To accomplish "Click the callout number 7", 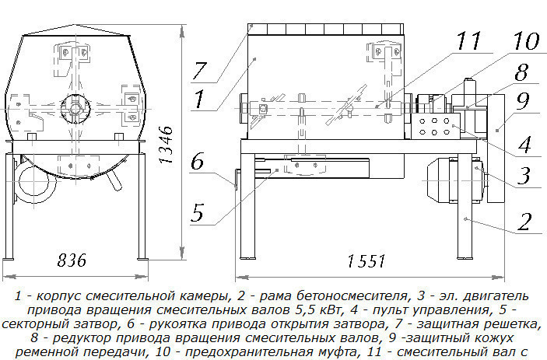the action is pyautogui.click(x=199, y=71).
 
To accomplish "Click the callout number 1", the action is pyautogui.click(x=199, y=99).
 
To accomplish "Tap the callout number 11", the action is pyautogui.click(x=468, y=40).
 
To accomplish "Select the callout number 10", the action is pyautogui.click(x=527, y=41).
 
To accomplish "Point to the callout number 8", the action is pyautogui.click(x=521, y=72).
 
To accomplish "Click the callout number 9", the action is pyautogui.click(x=522, y=101).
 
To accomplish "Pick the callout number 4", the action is pyautogui.click(x=524, y=145).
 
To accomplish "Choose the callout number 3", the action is pyautogui.click(x=524, y=175).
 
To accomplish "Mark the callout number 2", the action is pyautogui.click(x=524, y=222).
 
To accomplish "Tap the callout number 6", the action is pyautogui.click(x=198, y=161).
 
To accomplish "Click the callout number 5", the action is pyautogui.click(x=197, y=212).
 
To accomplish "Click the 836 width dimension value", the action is pyautogui.click(x=72, y=260).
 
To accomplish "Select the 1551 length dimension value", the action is pyautogui.click(x=366, y=261).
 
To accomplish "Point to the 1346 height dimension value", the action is pyautogui.click(x=166, y=145).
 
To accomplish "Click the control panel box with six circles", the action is pyautogui.click(x=436, y=127).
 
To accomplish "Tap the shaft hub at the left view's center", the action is pyautogui.click(x=75, y=108).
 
